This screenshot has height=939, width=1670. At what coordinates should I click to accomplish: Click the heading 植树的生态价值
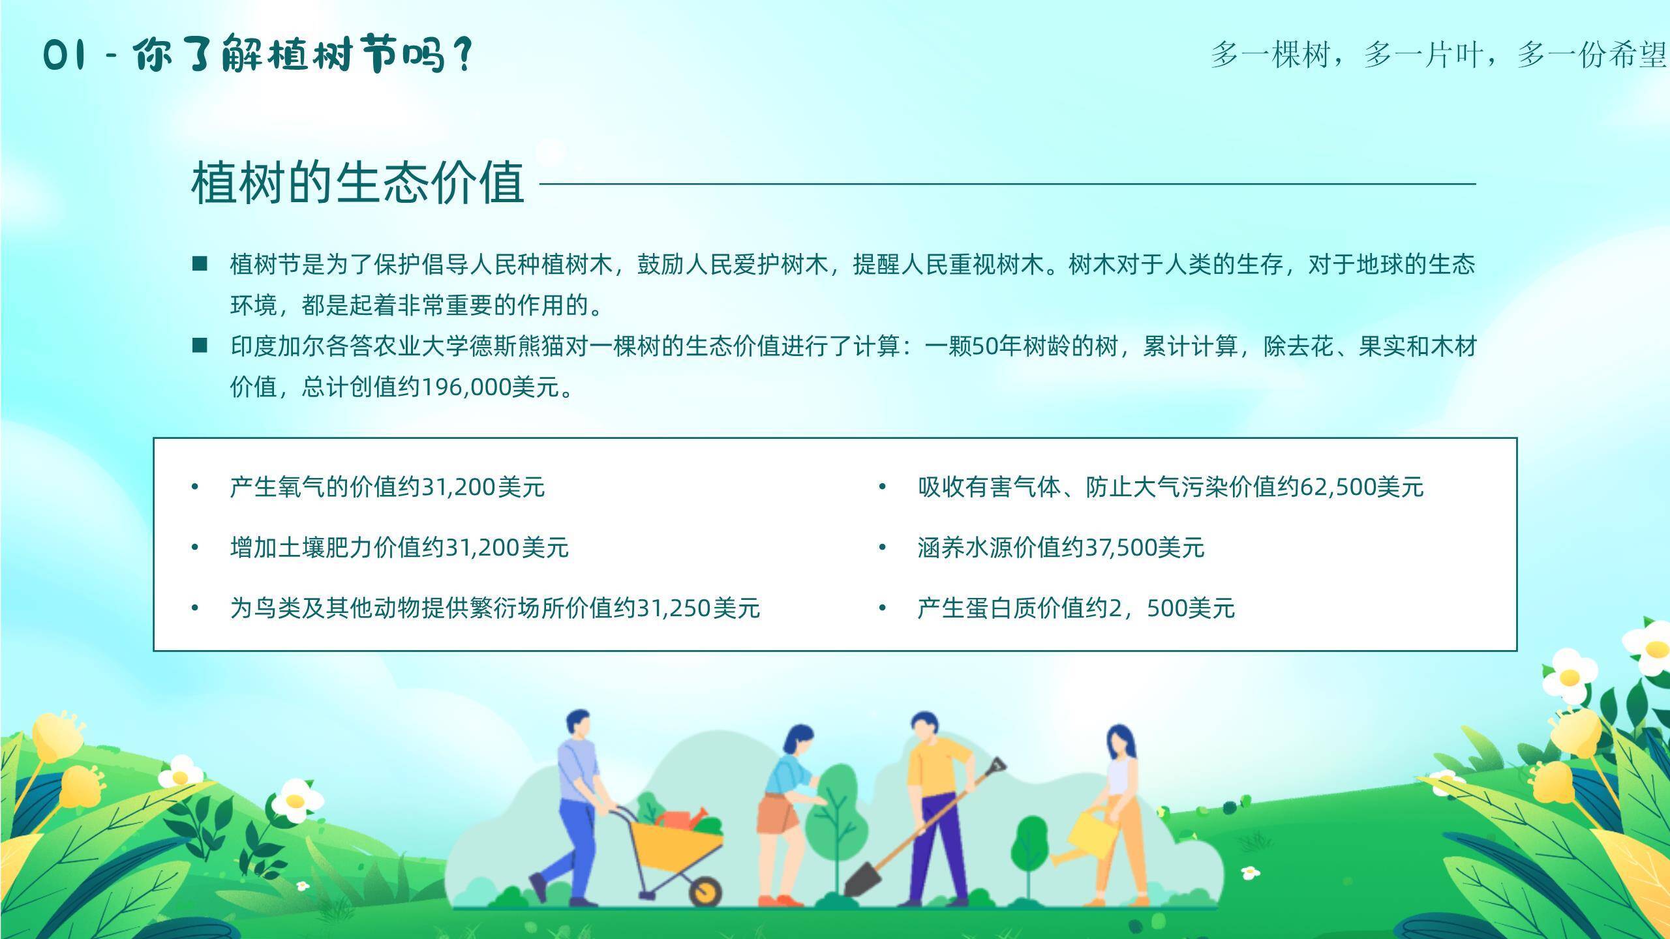[357, 183]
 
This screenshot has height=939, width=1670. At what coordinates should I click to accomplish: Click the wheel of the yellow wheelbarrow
[705, 889]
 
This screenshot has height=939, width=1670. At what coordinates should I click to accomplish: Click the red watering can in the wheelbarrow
[682, 818]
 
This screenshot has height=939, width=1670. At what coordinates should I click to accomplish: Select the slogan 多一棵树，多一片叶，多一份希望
[1438, 55]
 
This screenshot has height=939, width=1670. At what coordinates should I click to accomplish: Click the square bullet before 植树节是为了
[200, 264]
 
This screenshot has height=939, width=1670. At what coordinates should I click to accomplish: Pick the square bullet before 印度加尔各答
[200, 346]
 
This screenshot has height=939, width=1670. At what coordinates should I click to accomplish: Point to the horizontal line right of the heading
[1008, 184]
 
